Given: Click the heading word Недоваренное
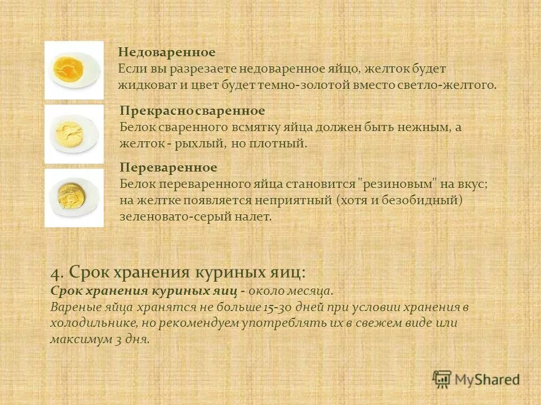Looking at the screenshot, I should (167, 52).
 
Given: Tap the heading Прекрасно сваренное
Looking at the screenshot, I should (192, 111).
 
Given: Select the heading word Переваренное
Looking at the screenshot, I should (168, 168).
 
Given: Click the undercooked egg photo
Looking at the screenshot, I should (74, 70).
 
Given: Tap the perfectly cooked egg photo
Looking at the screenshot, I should (74, 134).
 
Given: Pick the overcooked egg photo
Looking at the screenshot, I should (74, 197).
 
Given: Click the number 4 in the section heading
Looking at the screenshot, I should (55, 273).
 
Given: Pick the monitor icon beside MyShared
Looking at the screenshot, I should (442, 379).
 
